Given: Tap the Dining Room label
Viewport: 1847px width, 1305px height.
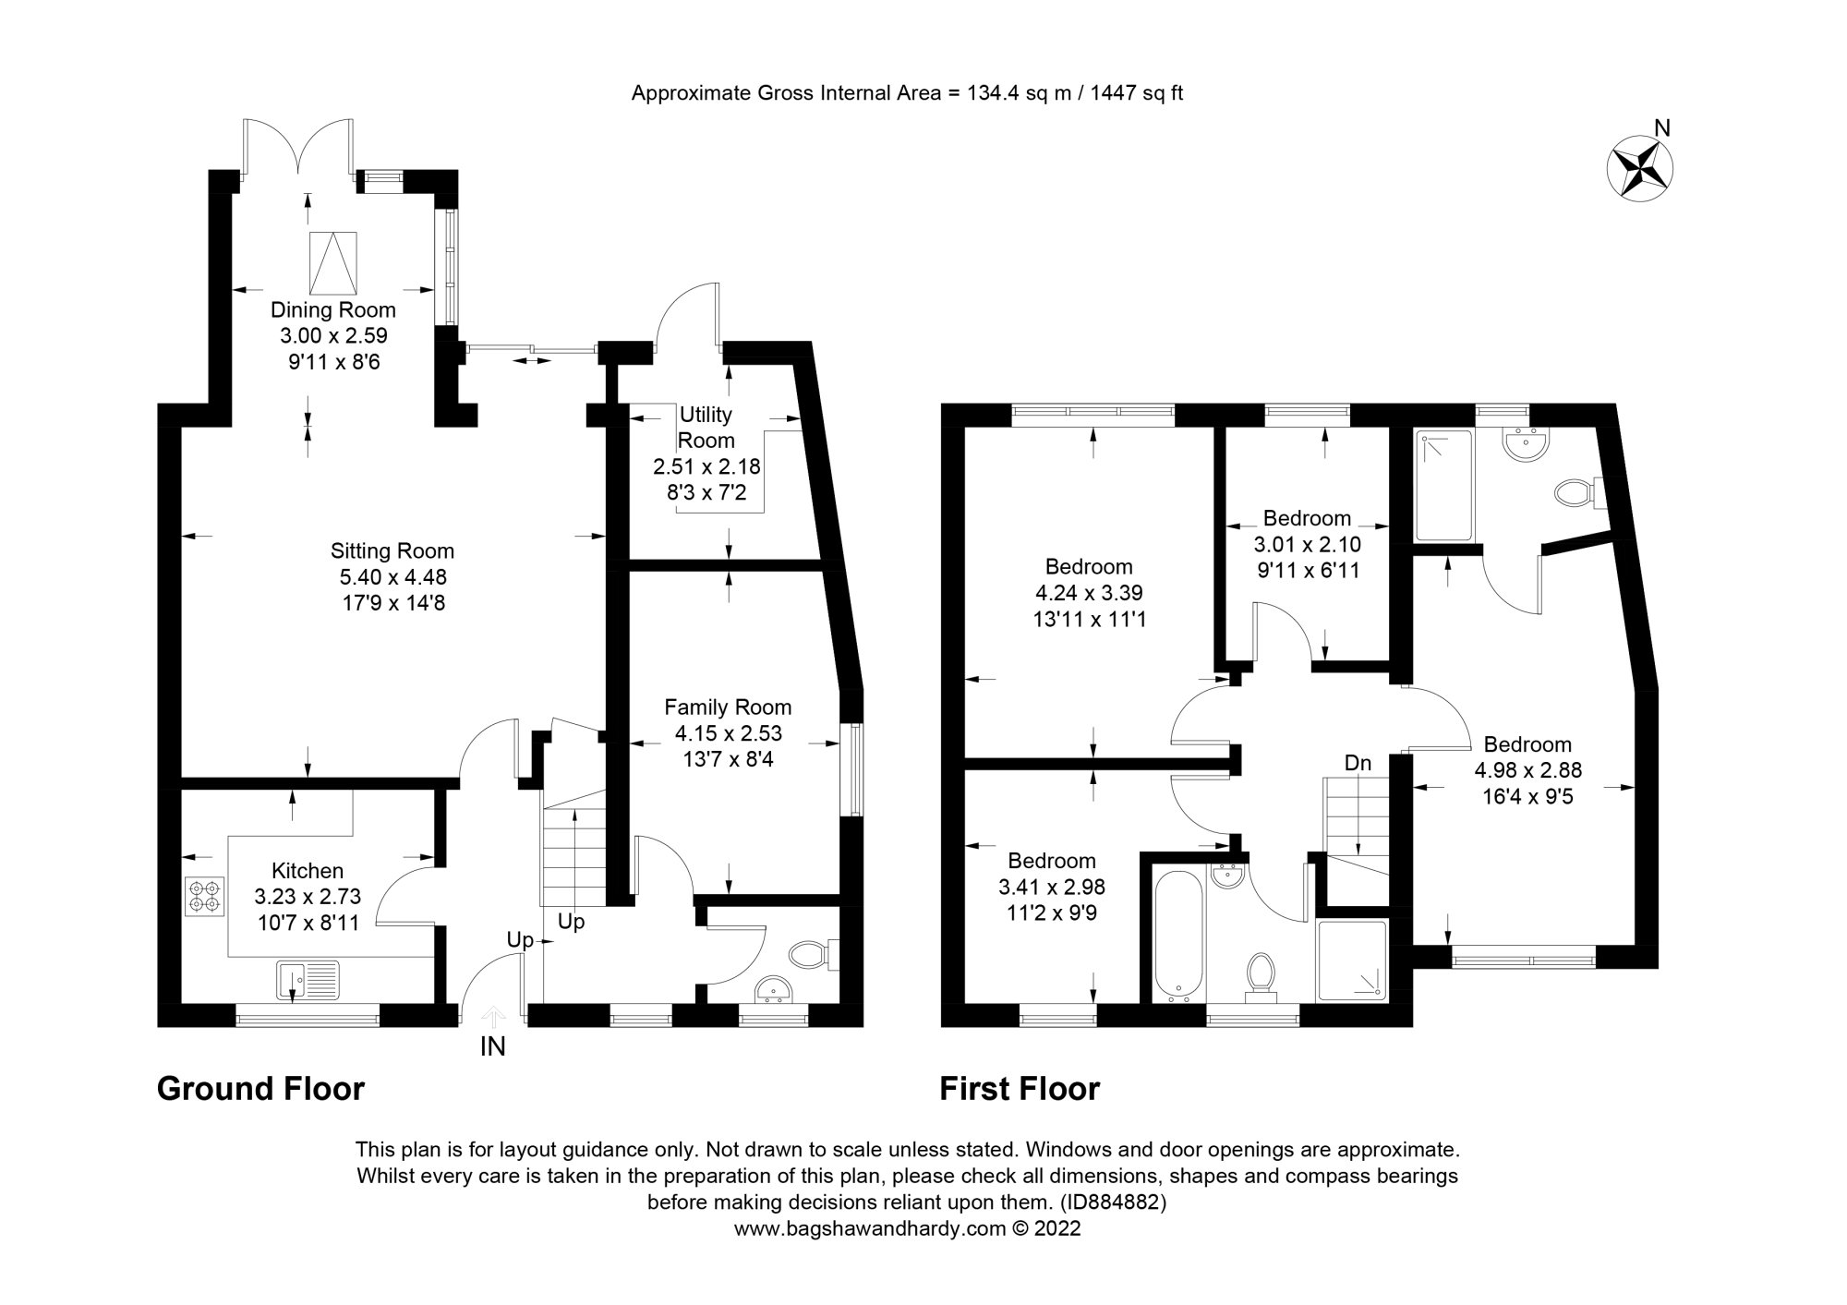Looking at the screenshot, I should pos(332,310).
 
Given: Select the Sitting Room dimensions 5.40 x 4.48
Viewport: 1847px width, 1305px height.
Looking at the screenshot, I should pos(392,577).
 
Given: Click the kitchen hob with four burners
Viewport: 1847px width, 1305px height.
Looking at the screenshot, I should pos(204,896).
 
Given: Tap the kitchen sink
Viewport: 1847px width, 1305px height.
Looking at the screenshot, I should pos(308,981).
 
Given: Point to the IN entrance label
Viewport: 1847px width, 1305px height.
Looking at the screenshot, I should pos(492,1047).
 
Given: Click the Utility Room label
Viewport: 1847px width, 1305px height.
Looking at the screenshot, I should pos(706,428).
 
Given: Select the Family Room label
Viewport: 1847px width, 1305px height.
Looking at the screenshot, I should pos(728,707).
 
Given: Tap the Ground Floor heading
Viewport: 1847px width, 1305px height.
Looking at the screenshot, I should pos(260,1089).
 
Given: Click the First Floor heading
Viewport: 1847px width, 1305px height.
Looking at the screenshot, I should pos(1020,1089).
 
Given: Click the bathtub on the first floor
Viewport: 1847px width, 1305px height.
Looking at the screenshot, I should pos(1179,936).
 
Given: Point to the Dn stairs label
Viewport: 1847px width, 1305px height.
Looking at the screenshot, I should pos(1358,763).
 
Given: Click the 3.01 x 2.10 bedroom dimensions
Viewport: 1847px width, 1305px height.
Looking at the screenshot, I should pos(1307,545).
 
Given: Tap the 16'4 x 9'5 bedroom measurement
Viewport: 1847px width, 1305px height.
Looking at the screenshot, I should pos(1527,796).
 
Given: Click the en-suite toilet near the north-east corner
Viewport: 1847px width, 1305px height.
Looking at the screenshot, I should pos(1575,493).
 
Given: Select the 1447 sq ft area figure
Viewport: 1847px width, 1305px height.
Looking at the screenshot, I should pos(1140,92).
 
